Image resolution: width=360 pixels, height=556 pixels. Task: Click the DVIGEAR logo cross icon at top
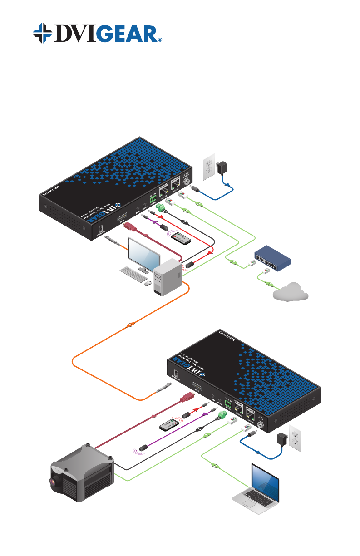pos(45,33)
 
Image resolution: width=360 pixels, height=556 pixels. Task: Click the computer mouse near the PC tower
pos(148,283)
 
